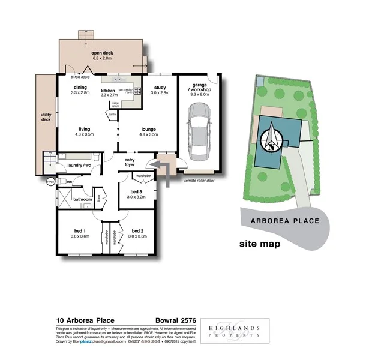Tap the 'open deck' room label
click(102, 53)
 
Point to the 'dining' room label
click(79, 88)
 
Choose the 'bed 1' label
click(80, 231)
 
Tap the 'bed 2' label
click(137, 231)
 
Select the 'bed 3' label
click(137, 191)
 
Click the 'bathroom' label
click(82, 199)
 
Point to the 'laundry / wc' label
click(79, 164)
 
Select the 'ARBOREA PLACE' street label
click(284, 221)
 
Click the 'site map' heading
click(259, 244)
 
